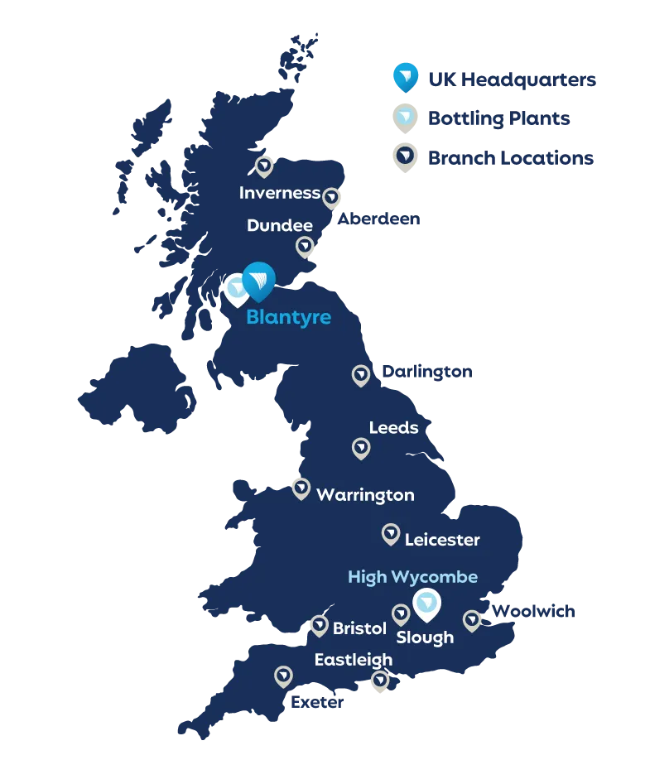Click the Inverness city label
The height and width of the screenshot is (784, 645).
pyautogui.click(x=279, y=193)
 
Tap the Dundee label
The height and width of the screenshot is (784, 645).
pyautogui.click(x=280, y=225)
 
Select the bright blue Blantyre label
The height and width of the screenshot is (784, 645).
pyautogui.click(x=288, y=318)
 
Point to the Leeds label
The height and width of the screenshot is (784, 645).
pyautogui.click(x=393, y=428)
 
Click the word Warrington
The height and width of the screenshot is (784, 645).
pyautogui.click(x=365, y=495)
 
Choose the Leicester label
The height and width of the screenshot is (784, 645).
pyautogui.click(x=442, y=540)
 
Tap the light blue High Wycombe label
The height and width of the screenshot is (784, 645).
pyautogui.click(x=412, y=576)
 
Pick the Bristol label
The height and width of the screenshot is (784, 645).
pyautogui.click(x=359, y=628)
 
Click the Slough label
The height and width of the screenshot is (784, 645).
pyautogui.click(x=425, y=637)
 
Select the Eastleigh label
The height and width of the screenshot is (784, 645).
pyautogui.click(x=354, y=660)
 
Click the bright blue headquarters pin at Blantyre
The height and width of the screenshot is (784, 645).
pyautogui.click(x=259, y=280)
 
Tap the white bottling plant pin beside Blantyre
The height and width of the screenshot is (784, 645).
pyautogui.click(x=237, y=289)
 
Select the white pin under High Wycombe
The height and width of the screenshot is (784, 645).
pyautogui.click(x=426, y=604)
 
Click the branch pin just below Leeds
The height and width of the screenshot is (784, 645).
pyautogui.click(x=361, y=448)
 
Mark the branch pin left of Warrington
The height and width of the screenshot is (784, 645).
pyautogui.click(x=301, y=487)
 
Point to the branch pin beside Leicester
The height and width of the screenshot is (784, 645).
pyautogui.click(x=391, y=534)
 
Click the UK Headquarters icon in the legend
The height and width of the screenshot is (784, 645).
pyautogui.click(x=404, y=77)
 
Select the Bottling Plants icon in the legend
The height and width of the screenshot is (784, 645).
pyautogui.click(x=404, y=118)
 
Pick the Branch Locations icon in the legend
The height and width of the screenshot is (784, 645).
pyautogui.click(x=404, y=156)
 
